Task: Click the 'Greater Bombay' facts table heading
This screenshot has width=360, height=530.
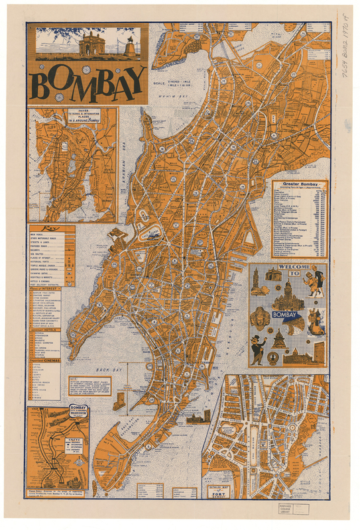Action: click(x=300, y=185)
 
